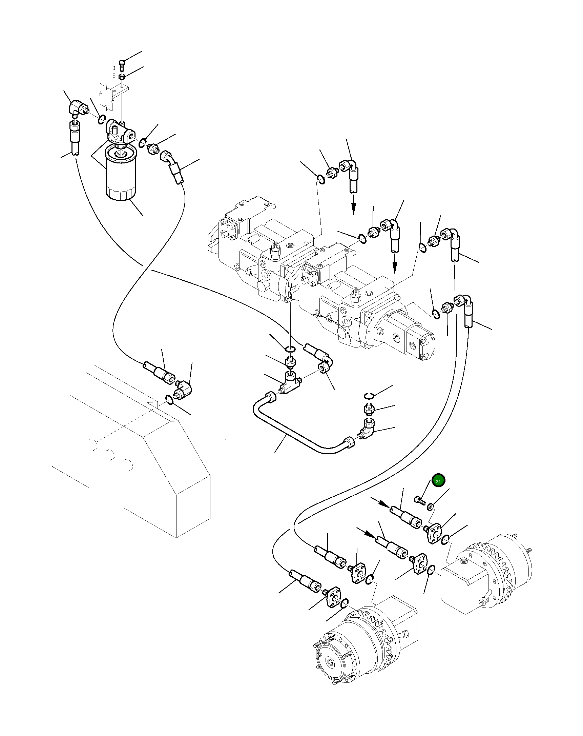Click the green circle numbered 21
[438, 481]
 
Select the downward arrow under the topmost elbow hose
[354, 205]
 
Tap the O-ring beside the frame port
[169, 399]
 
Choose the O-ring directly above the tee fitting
[290, 349]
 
